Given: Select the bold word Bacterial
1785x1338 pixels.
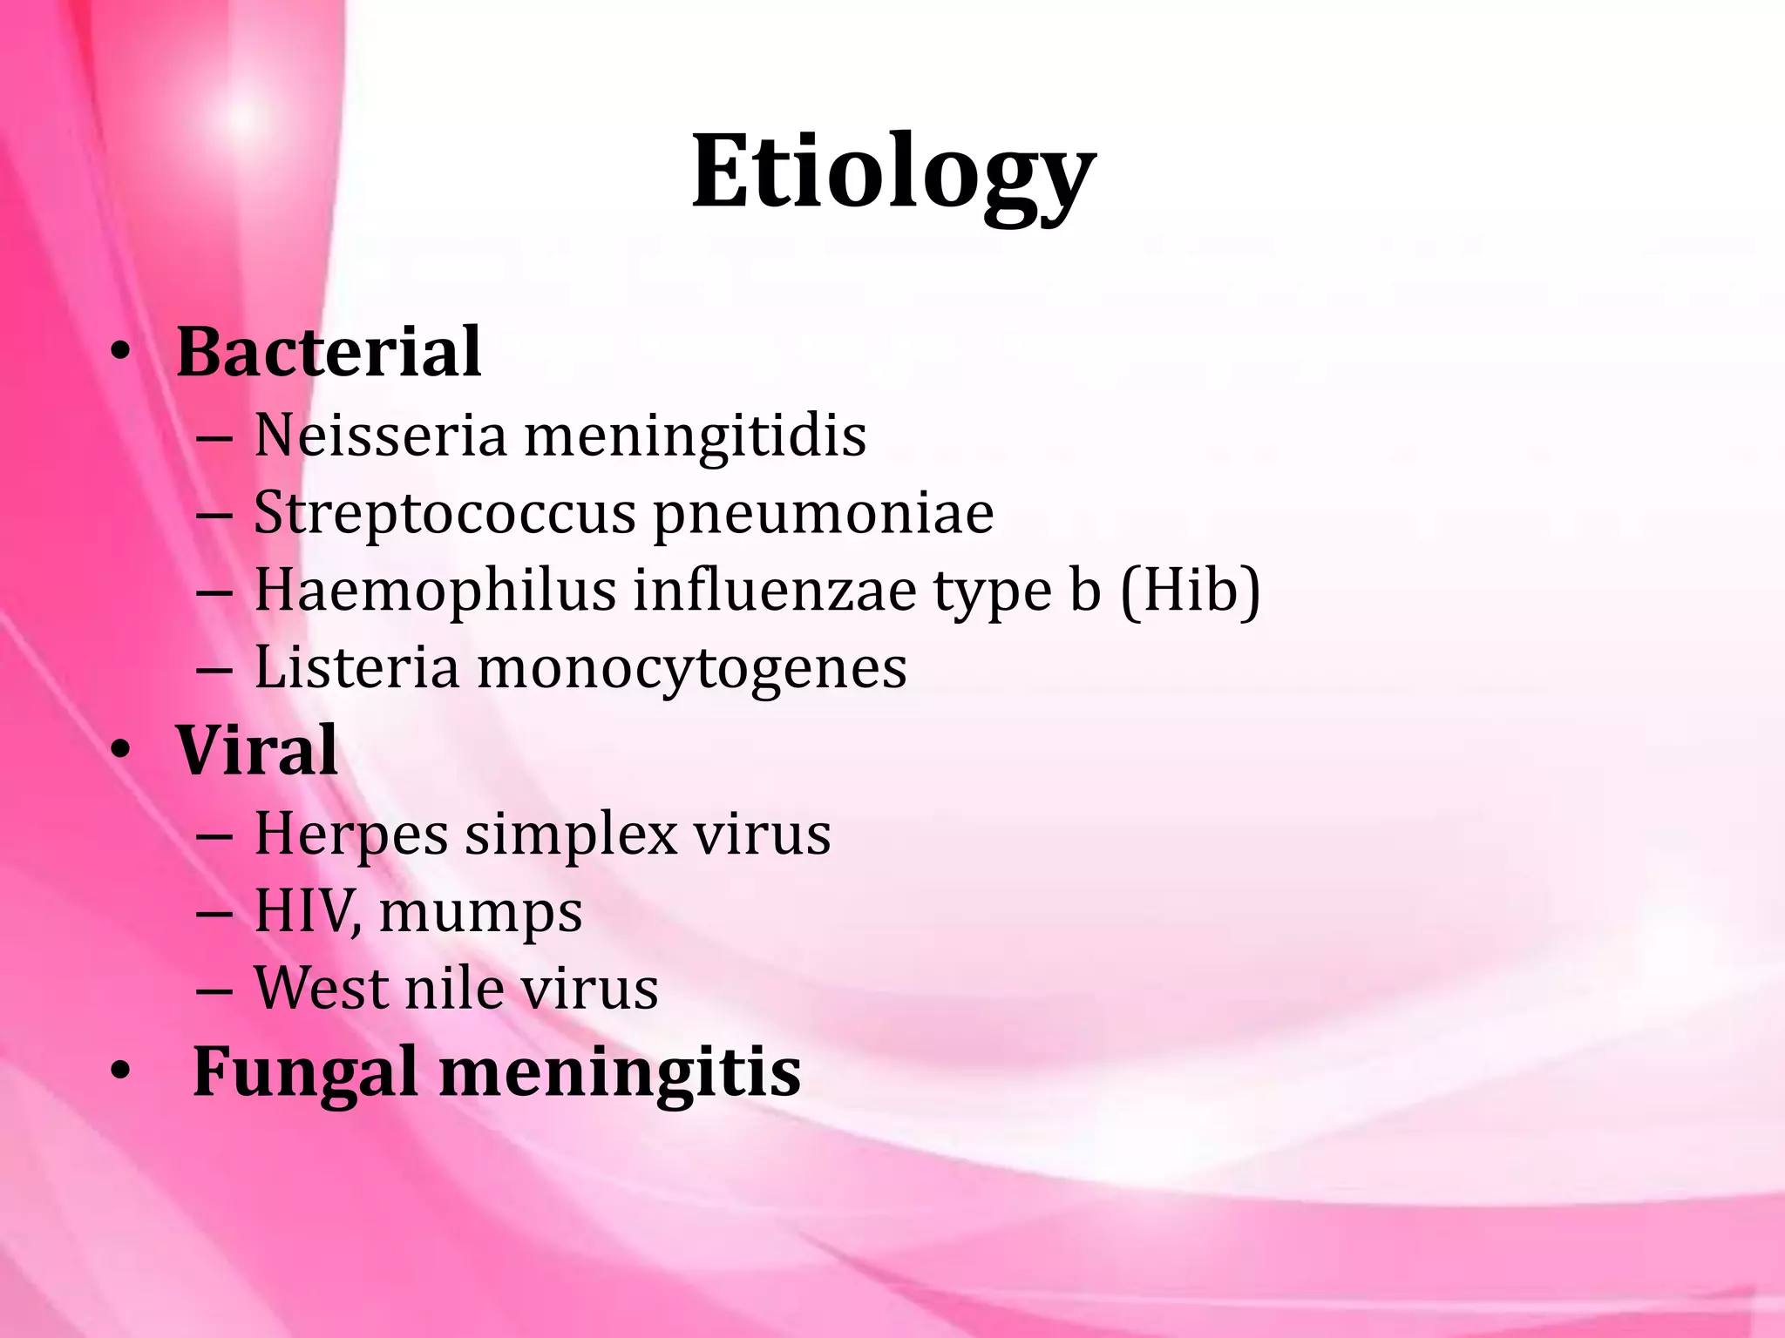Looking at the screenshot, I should tap(329, 352).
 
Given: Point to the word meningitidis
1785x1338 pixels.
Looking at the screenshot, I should tap(695, 436).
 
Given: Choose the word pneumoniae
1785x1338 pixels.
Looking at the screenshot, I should tap(824, 514).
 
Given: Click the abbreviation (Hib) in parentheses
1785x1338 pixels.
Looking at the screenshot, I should tap(1190, 592).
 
